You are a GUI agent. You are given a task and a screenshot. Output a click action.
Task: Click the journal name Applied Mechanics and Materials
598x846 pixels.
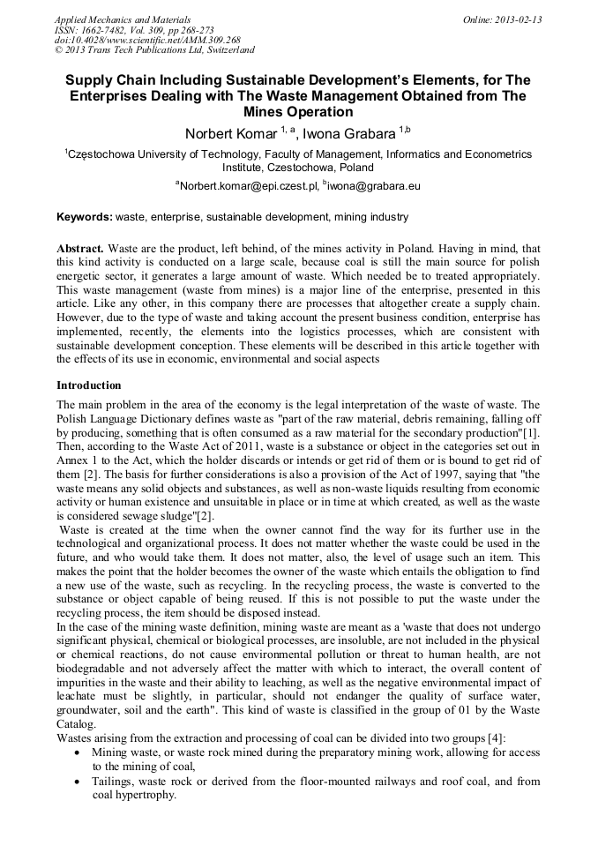pos(122,19)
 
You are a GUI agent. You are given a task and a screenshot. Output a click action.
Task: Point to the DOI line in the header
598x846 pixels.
pos(147,41)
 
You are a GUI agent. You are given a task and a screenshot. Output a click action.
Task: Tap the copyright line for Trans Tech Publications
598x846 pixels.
pos(154,51)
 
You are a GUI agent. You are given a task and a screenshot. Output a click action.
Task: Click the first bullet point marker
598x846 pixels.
pos(80,752)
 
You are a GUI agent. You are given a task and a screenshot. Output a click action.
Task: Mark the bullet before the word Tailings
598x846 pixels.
pos(80,782)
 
